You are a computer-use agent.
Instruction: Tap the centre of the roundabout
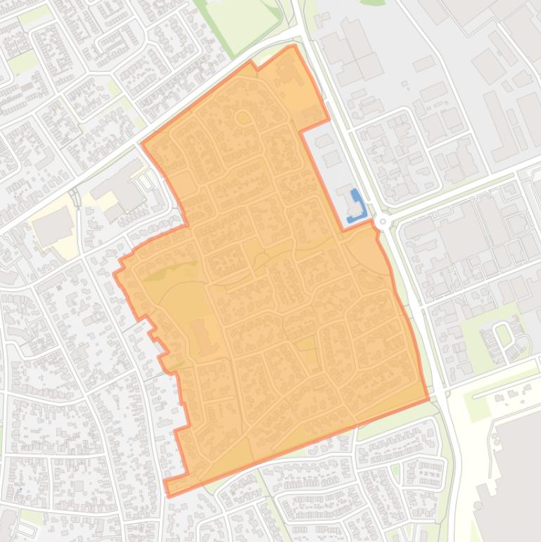(x=382, y=222)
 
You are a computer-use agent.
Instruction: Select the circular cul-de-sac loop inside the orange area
(x=243, y=118)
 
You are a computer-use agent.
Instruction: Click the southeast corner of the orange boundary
(x=428, y=400)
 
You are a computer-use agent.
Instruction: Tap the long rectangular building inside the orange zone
(x=201, y=336)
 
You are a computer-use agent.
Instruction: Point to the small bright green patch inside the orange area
(x=305, y=344)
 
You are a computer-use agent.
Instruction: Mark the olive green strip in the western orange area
(x=169, y=271)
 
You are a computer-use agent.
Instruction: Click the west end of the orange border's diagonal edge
(x=143, y=144)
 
